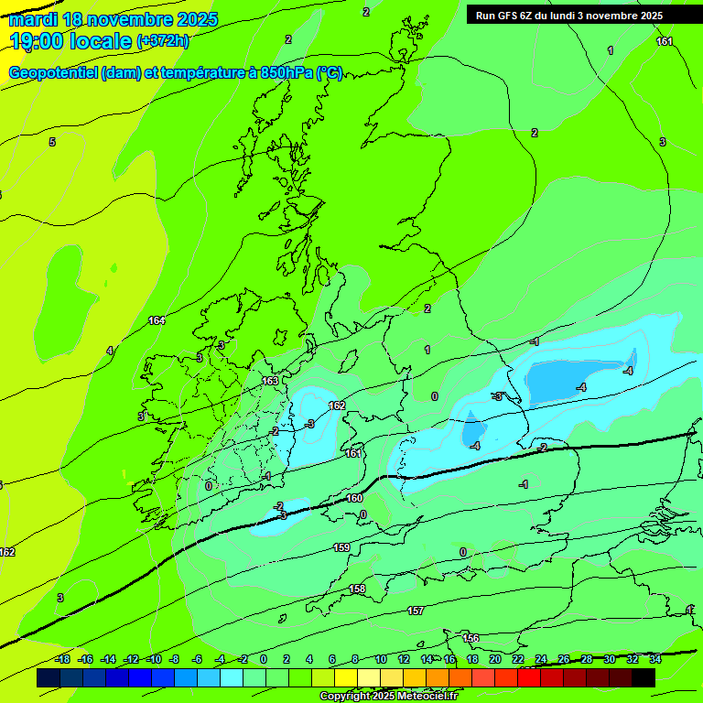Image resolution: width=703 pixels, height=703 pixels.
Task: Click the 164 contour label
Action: pyautogui.click(x=157, y=320)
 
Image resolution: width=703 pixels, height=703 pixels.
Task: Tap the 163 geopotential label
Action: pyautogui.click(x=270, y=381)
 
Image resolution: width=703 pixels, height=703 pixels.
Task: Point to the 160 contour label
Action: pyautogui.click(x=355, y=499)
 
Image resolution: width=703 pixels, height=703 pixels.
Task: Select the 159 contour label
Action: pyautogui.click(x=341, y=547)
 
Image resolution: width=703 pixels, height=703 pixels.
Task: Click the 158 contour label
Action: pyautogui.click(x=358, y=589)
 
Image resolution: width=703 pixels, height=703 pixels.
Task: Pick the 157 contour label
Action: pyautogui.click(x=416, y=611)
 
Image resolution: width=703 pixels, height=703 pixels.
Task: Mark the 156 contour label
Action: pyautogui.click(x=470, y=638)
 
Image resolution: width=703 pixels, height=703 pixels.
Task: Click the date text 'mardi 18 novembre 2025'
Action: pyautogui.click(x=114, y=19)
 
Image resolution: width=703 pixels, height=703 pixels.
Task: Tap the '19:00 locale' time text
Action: pyautogui.click(x=70, y=41)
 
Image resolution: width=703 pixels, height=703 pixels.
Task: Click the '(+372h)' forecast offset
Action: pyautogui.click(x=163, y=41)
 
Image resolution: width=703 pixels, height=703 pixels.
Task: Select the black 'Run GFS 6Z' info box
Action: pyautogui.click(x=582, y=15)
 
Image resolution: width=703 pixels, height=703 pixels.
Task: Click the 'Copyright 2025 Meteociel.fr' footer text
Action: pyautogui.click(x=388, y=696)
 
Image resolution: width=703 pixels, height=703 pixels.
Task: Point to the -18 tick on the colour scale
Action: pyautogui.click(x=61, y=659)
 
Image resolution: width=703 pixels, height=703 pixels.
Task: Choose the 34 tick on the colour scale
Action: pyautogui.click(x=655, y=659)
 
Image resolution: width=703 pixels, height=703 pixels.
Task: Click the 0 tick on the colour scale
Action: pyautogui.click(x=264, y=659)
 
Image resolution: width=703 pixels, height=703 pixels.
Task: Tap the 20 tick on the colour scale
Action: pyautogui.click(x=494, y=659)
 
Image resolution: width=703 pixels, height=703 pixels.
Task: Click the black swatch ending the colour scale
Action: pyautogui.click(x=644, y=677)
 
